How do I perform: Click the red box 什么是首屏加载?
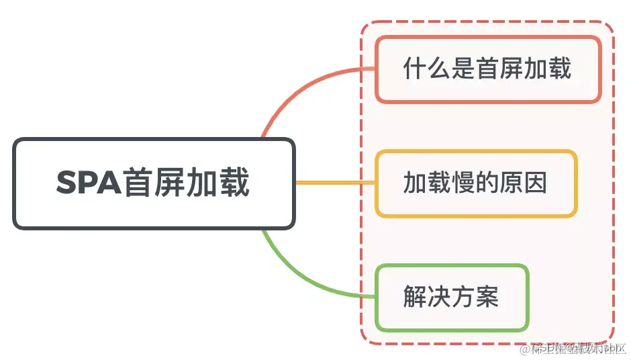point(488,69)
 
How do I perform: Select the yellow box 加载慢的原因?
point(476,183)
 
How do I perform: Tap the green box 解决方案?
point(452,298)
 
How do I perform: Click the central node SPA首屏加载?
point(154,183)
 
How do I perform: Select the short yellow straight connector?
point(335,183)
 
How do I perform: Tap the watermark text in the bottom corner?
point(574,347)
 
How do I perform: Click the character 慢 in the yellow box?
point(463,183)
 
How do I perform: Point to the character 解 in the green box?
point(415,297)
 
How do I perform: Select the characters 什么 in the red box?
point(427,69)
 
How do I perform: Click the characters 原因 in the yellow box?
point(524,183)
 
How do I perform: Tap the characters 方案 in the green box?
point(475,297)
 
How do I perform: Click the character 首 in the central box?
point(138,183)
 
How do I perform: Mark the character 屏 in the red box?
point(512,69)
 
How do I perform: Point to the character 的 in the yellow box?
point(487,183)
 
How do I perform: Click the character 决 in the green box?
point(439,297)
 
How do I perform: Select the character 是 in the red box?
point(463,69)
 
